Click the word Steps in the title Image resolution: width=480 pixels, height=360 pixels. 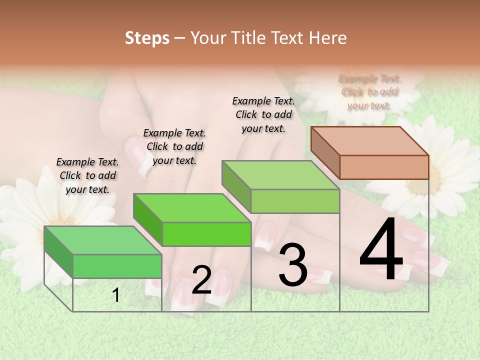point(147,38)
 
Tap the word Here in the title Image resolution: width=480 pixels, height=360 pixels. point(327,38)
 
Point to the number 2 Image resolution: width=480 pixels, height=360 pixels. point(201,280)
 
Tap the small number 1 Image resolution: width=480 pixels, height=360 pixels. point(116,295)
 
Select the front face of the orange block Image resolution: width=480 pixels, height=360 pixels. point(384,167)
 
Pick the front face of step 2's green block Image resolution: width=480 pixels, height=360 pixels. point(206,234)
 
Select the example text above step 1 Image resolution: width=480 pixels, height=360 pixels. point(88,175)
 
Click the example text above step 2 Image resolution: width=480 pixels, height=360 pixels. point(174,146)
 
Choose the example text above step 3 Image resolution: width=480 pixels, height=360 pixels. point(263,114)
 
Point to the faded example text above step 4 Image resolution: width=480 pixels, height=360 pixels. point(370,92)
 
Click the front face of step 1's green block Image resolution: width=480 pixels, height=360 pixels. point(117,266)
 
